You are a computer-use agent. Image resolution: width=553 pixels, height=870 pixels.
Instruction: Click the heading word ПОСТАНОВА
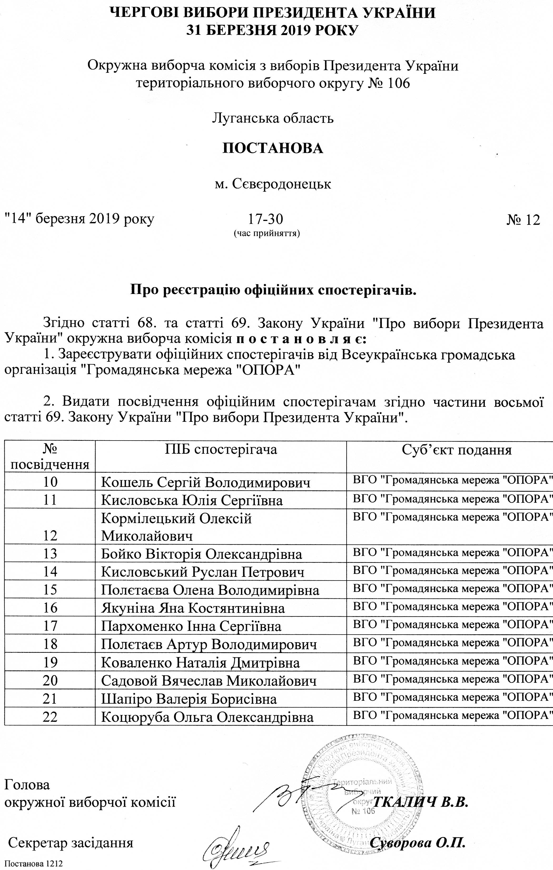(x=272, y=148)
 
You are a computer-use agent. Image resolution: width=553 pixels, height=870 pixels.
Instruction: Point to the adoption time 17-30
(x=266, y=219)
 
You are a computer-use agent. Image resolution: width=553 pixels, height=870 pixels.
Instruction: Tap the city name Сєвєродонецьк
(x=273, y=185)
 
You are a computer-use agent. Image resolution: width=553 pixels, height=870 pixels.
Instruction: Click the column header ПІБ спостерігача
(x=221, y=450)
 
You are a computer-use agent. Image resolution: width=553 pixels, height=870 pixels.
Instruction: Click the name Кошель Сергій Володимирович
(x=206, y=482)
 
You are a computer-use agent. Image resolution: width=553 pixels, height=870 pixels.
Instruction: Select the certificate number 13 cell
(x=50, y=554)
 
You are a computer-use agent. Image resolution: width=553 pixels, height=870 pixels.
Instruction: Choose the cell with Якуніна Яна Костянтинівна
(x=193, y=608)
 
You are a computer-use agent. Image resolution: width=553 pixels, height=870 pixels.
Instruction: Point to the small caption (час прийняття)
(x=267, y=233)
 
